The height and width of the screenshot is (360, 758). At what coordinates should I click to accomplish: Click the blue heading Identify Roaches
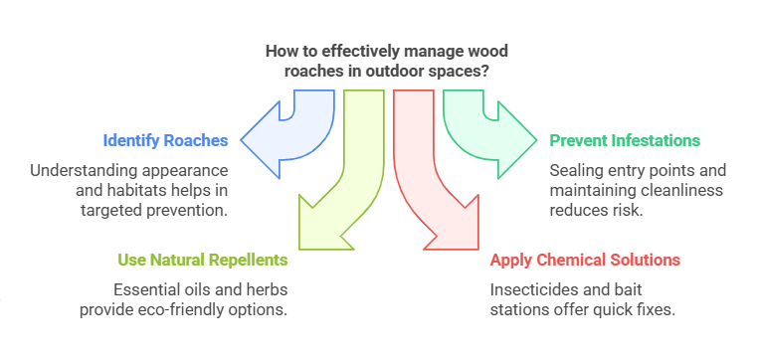click(165, 140)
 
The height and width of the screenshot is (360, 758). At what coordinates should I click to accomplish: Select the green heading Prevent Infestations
click(625, 140)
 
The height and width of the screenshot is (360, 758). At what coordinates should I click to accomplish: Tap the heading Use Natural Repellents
click(203, 260)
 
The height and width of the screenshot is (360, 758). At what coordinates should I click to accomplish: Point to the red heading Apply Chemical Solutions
click(585, 260)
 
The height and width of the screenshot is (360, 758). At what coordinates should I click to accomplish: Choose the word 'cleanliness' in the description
click(679, 190)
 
